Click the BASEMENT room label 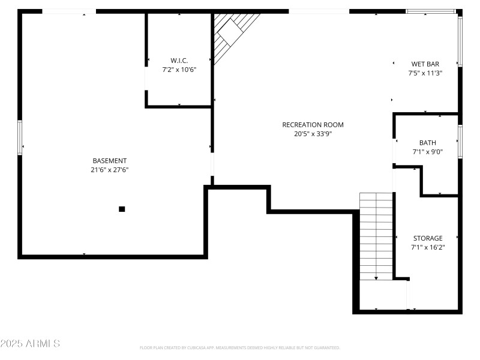coord(109,161)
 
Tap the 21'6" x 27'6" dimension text coord(109,170)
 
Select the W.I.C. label coord(179,61)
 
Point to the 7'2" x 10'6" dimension coord(179,70)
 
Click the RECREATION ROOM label coord(313,125)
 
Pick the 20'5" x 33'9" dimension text coord(313,134)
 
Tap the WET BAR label coord(425,64)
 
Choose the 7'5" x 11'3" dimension coord(425,73)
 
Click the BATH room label coord(427,143)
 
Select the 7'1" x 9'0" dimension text coord(427,152)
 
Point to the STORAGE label coord(427,238)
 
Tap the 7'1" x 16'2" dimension coord(427,247)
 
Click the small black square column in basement coord(122,209)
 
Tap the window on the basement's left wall coord(20,137)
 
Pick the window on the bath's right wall coord(460,142)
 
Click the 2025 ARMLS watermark coord(30,344)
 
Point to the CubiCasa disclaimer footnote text coord(239,347)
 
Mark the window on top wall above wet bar coord(430,11)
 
